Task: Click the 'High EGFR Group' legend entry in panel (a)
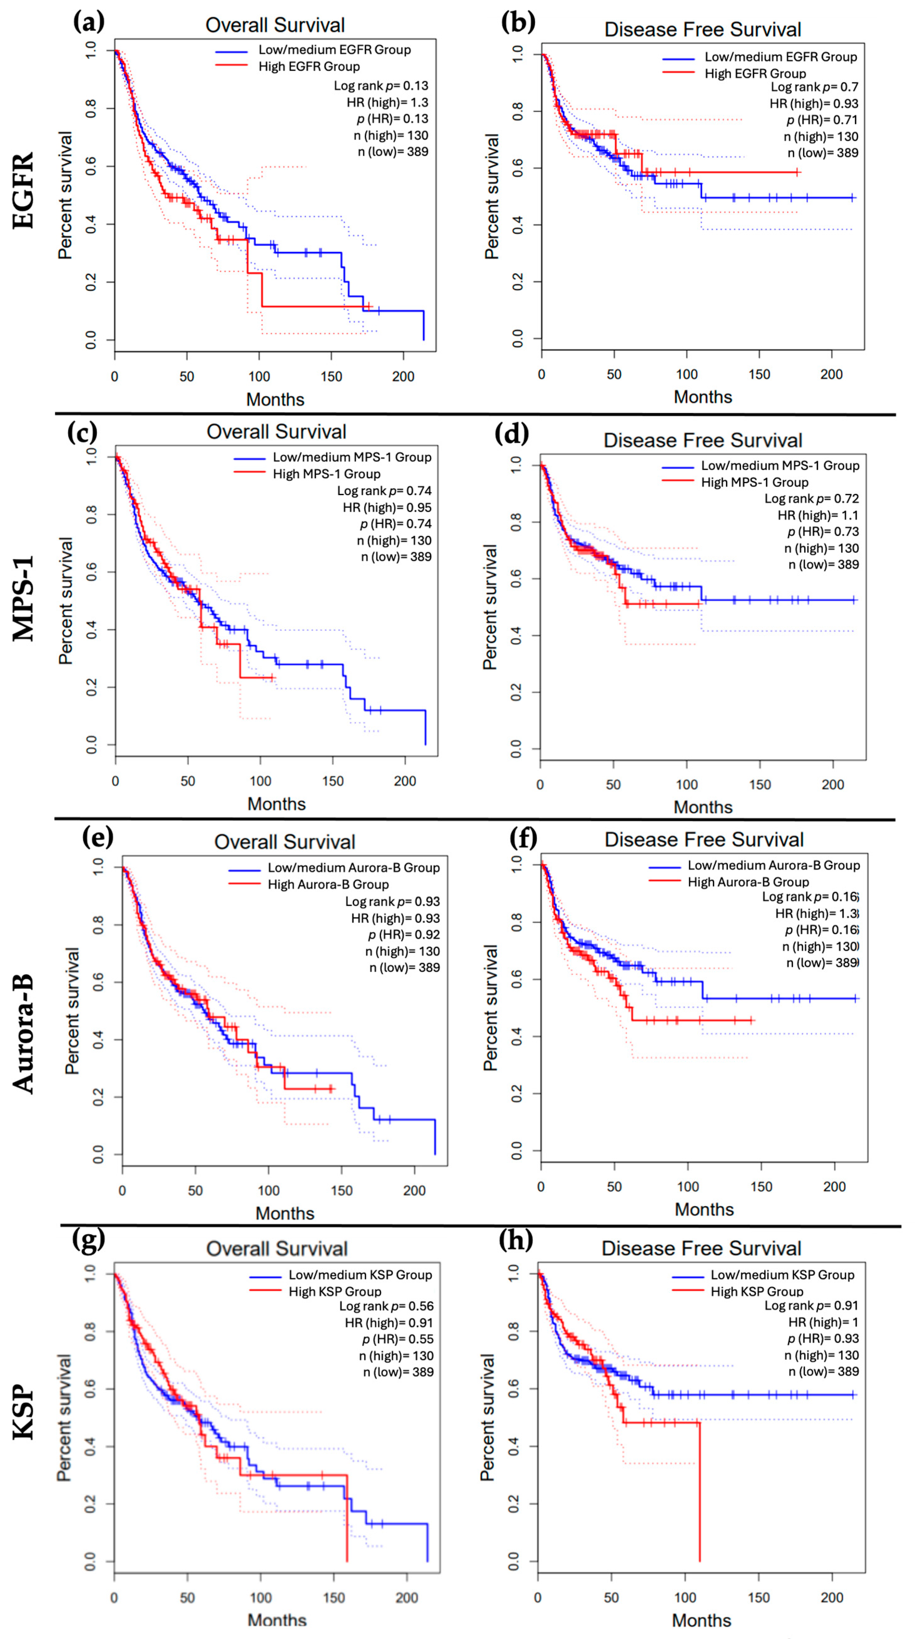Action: click(309, 66)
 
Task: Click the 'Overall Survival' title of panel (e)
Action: click(284, 842)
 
